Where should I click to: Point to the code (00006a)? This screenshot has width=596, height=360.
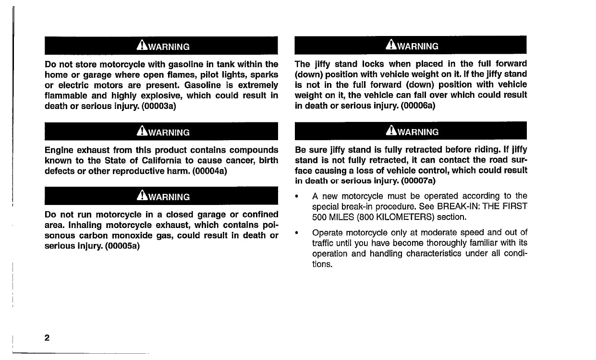pyautogui.click(x=418, y=106)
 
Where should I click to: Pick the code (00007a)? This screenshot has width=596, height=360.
pyautogui.click(x=418, y=180)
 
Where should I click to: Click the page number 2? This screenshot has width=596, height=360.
pyautogui.click(x=47, y=337)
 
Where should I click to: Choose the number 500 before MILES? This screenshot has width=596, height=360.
pyautogui.click(x=320, y=217)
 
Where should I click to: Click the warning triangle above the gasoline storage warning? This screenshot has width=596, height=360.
pyautogui.click(x=142, y=46)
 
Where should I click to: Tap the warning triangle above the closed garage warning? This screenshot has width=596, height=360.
pyautogui.click(x=142, y=196)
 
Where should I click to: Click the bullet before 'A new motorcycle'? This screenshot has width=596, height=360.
pyautogui.click(x=298, y=196)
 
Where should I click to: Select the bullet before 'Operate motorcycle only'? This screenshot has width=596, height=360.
pyautogui.click(x=298, y=233)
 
